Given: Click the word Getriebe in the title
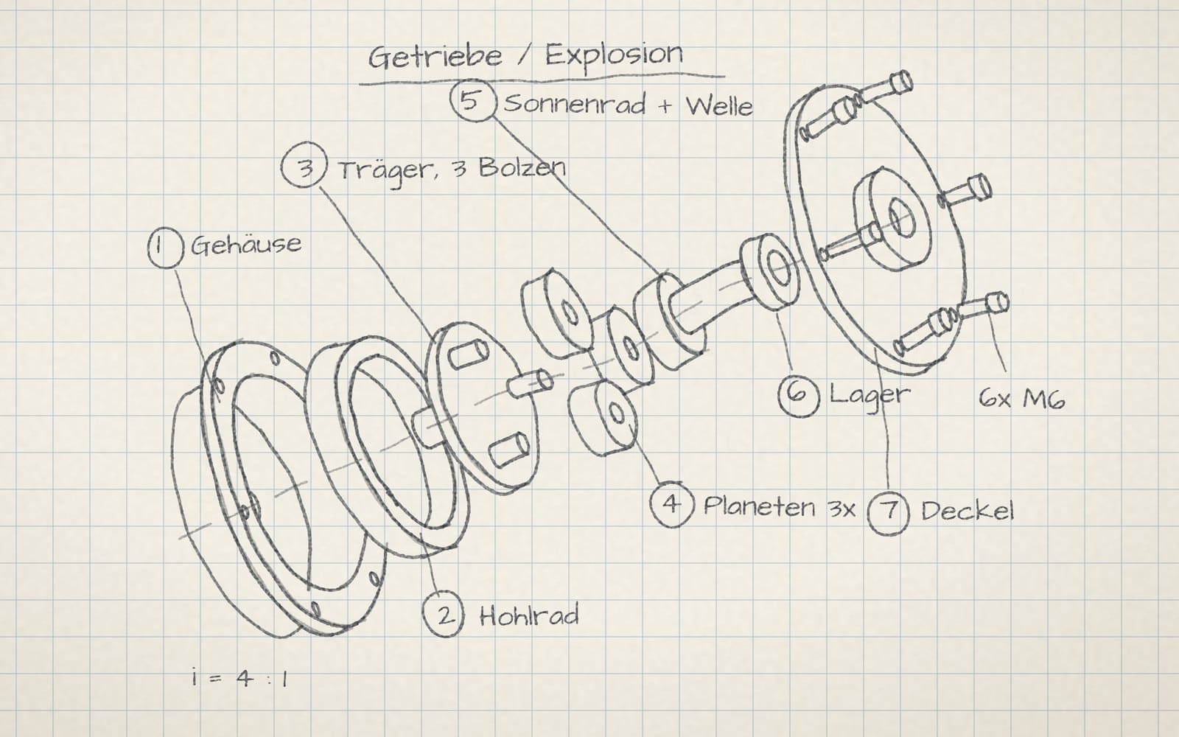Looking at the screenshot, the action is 435,57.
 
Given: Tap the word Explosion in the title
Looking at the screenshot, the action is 614,55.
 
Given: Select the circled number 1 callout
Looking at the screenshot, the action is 165,248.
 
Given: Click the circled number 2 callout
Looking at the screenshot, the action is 444,615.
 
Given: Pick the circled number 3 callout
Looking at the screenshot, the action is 304,167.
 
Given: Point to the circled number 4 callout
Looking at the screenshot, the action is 671,504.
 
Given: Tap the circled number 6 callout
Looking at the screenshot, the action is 799,395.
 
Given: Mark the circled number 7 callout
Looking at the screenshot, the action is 888,511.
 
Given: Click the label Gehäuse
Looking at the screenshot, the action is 246,245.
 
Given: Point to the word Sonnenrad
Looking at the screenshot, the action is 574,104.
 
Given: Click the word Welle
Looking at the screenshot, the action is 719,106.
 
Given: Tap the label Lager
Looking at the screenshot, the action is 870,395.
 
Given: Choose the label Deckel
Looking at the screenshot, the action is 968,511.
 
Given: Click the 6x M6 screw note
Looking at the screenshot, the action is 1022,399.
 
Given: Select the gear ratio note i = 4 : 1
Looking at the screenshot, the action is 240,679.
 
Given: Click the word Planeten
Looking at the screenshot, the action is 760,506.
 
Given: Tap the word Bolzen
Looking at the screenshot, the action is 522,168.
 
